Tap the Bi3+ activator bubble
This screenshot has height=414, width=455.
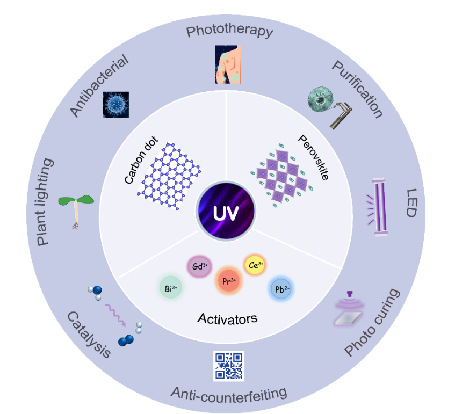171,288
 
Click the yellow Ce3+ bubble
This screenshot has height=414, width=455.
255,264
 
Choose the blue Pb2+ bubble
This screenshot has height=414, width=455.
280,288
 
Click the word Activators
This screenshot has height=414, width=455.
227,318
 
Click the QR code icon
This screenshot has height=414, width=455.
228,366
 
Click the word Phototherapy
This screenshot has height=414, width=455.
229,31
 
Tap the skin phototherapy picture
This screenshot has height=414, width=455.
228,64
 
